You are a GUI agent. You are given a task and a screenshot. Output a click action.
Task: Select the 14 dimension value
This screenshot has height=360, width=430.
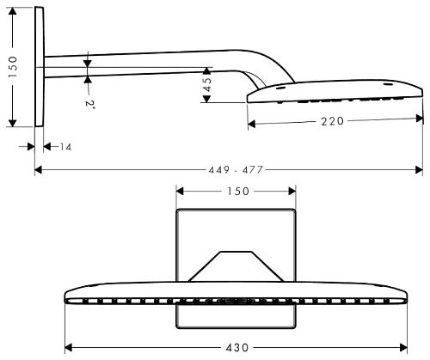(65, 148)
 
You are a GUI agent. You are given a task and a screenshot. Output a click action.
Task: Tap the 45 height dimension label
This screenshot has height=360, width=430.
(206, 86)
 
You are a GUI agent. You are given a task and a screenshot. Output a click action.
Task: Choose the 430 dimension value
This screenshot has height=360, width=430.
(235, 351)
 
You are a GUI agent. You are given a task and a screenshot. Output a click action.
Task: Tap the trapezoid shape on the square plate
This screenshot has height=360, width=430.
(235, 265)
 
